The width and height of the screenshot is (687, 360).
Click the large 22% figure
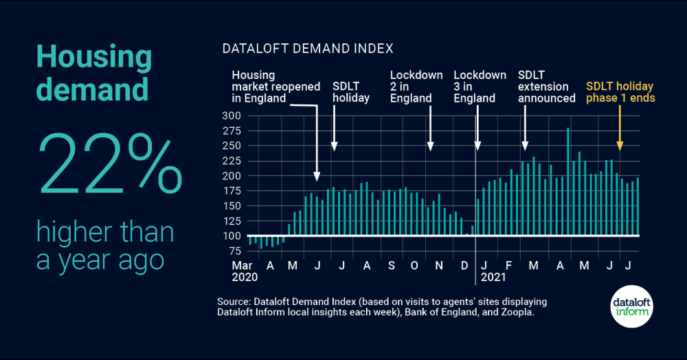(x=110, y=162)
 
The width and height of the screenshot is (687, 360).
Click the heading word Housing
(x=93, y=58)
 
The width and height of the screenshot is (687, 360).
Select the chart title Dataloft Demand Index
(x=307, y=49)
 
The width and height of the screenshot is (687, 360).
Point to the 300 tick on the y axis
(x=232, y=115)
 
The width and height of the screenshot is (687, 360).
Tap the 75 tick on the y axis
(x=235, y=251)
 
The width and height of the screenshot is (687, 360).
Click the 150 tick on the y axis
(x=232, y=206)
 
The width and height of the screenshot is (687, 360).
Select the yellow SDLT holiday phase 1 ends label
(x=620, y=92)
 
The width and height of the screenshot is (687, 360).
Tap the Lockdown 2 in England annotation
(x=416, y=87)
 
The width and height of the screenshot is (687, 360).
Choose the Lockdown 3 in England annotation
(x=480, y=87)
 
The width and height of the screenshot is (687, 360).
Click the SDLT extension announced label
(x=546, y=87)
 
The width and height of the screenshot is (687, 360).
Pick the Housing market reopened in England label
(x=275, y=87)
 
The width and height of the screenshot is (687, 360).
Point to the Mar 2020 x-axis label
(x=245, y=271)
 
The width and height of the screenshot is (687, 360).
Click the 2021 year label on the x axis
(x=493, y=278)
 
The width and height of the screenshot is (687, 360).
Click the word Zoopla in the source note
(x=515, y=313)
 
